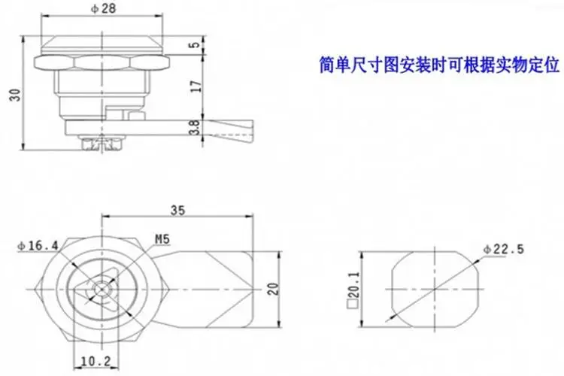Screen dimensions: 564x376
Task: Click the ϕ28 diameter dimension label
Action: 103,8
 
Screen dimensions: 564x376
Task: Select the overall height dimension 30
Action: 16,95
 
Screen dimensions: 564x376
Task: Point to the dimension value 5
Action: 194,45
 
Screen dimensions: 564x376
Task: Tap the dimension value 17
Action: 196,86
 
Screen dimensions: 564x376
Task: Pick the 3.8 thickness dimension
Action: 194,127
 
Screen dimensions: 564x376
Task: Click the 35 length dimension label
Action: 178,210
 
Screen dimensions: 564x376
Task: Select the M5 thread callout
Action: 162,240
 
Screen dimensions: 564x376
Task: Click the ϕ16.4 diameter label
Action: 38,246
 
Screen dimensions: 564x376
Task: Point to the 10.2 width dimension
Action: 96,361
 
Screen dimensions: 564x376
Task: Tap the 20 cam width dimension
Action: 274,289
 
